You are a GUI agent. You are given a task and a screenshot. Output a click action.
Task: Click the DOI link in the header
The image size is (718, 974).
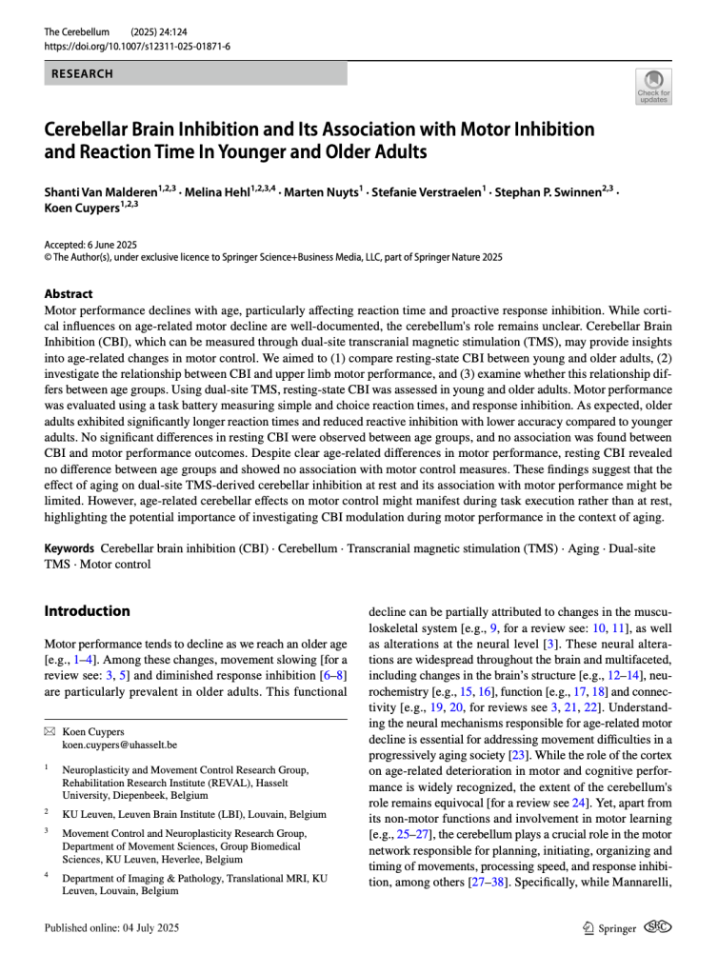tap(137, 46)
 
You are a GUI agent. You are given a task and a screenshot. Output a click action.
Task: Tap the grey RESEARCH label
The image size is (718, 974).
tap(81, 72)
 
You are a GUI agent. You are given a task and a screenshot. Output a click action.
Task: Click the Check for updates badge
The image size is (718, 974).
tap(654, 87)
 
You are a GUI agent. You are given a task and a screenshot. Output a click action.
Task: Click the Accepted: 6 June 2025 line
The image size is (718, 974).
tap(90, 245)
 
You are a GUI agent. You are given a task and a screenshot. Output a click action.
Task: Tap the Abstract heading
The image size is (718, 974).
tap(69, 294)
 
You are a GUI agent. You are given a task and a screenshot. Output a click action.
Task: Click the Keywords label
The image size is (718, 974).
tap(69, 549)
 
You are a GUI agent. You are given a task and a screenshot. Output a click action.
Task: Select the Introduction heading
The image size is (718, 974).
tap(87, 610)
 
